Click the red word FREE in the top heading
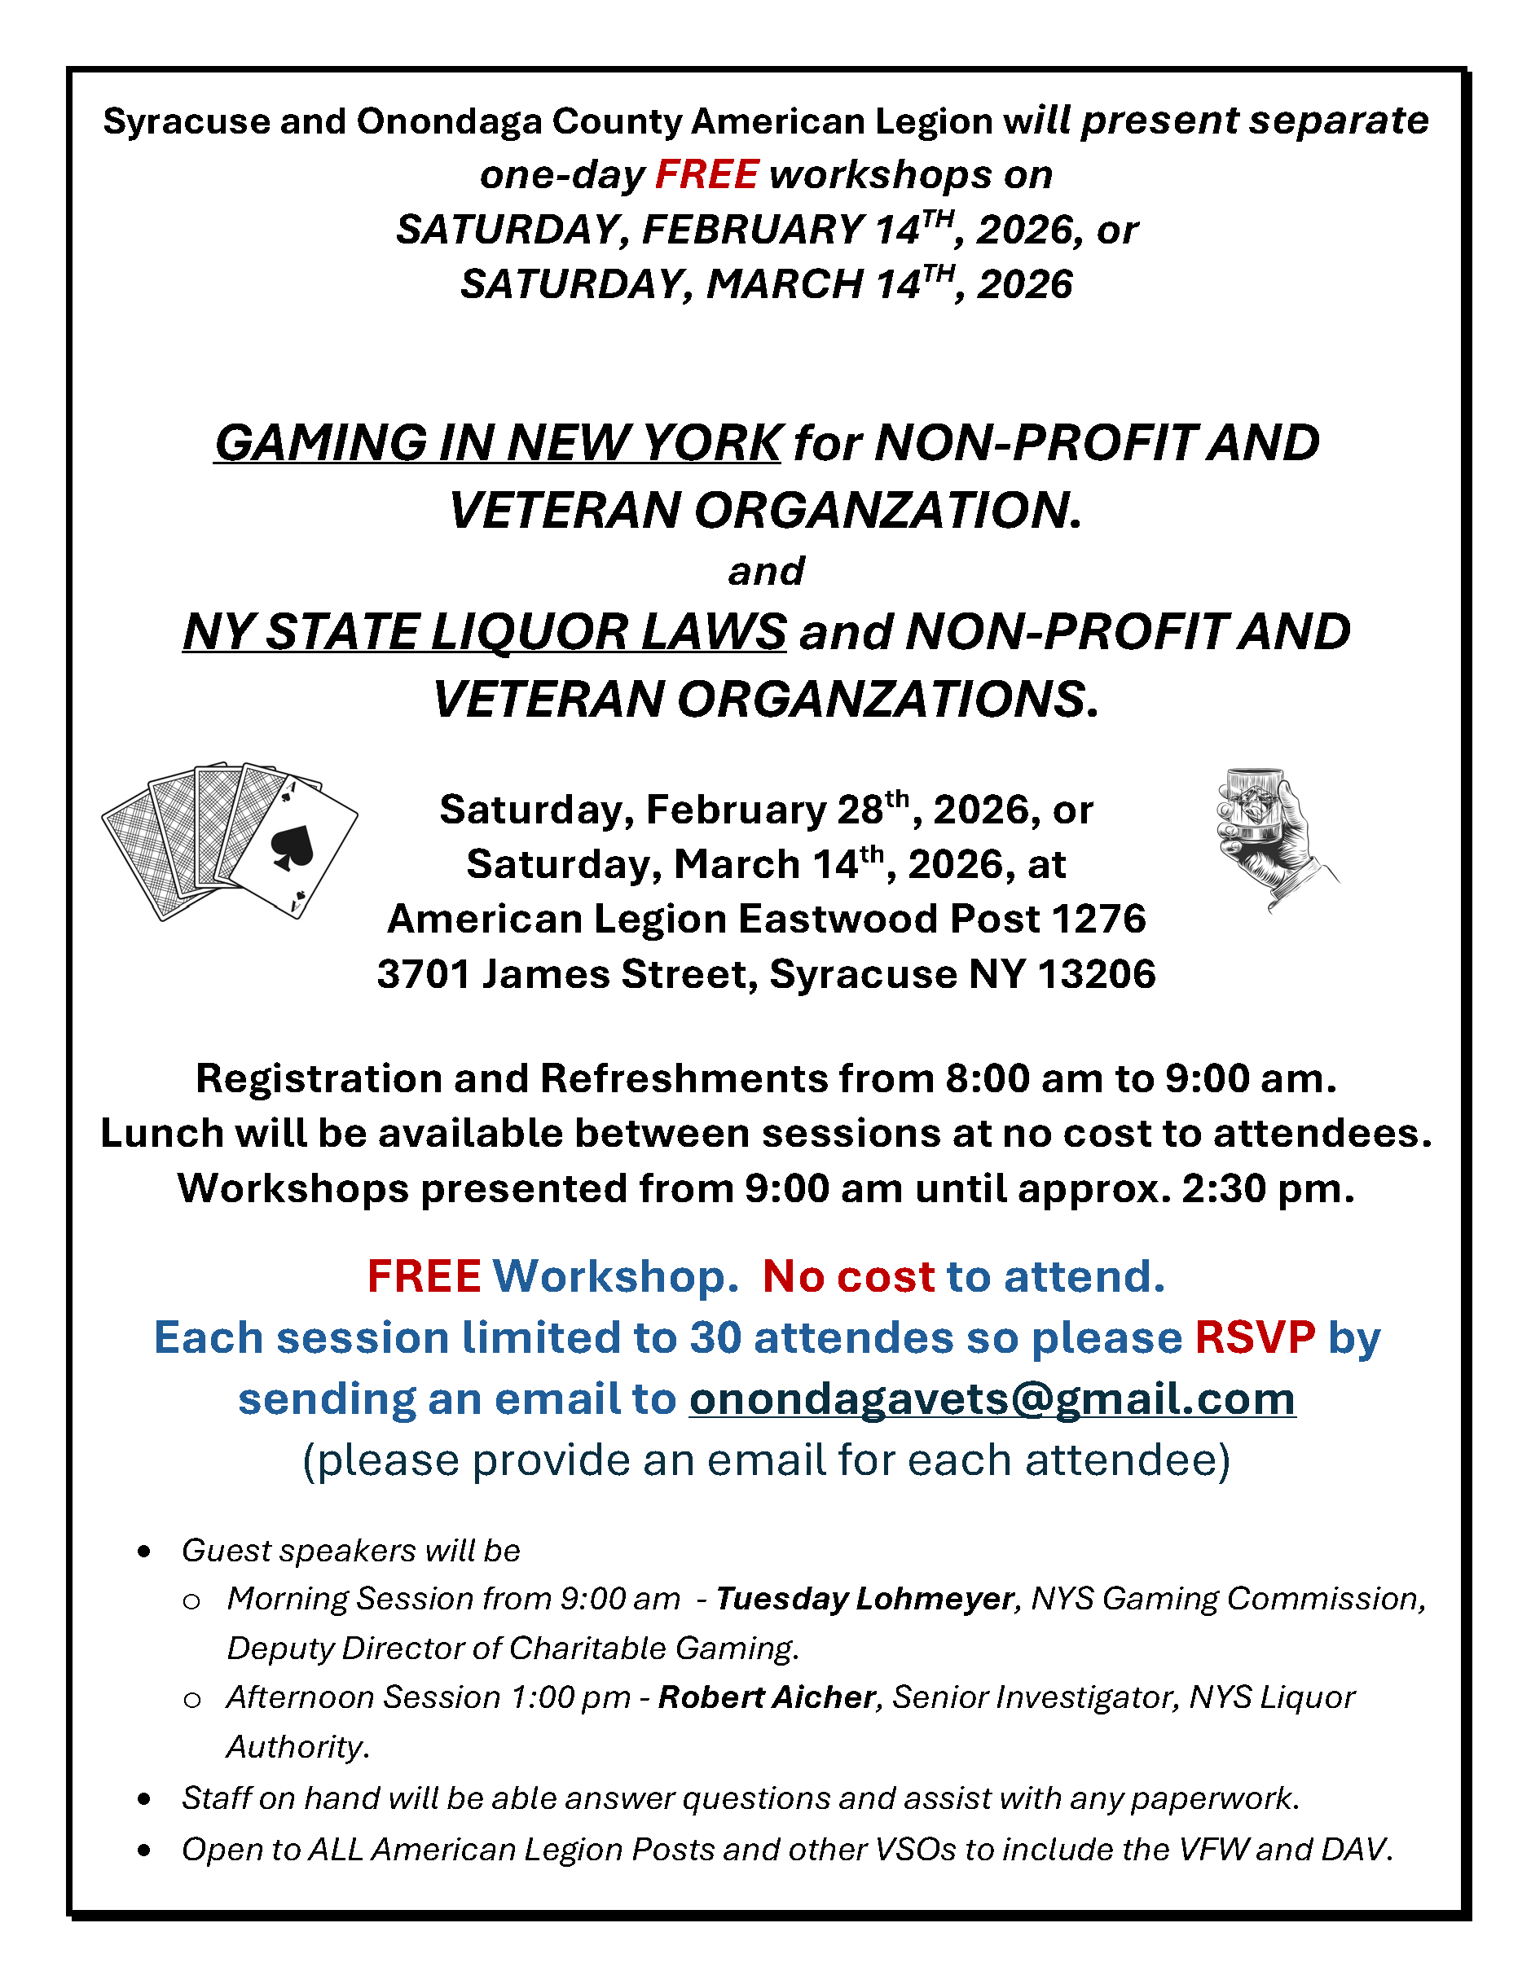[706, 175]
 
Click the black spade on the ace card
[292, 847]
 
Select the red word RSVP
[1254, 1337]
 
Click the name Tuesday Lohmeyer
[864, 1598]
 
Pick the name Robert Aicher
[767, 1697]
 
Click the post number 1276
[1098, 920]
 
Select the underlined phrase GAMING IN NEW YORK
[497, 443]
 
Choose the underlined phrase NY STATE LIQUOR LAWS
[484, 632]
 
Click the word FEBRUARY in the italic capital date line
[752, 230]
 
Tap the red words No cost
[848, 1276]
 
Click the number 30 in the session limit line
[715, 1337]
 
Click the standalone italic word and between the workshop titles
[766, 571]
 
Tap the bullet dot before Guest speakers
[144, 1552]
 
